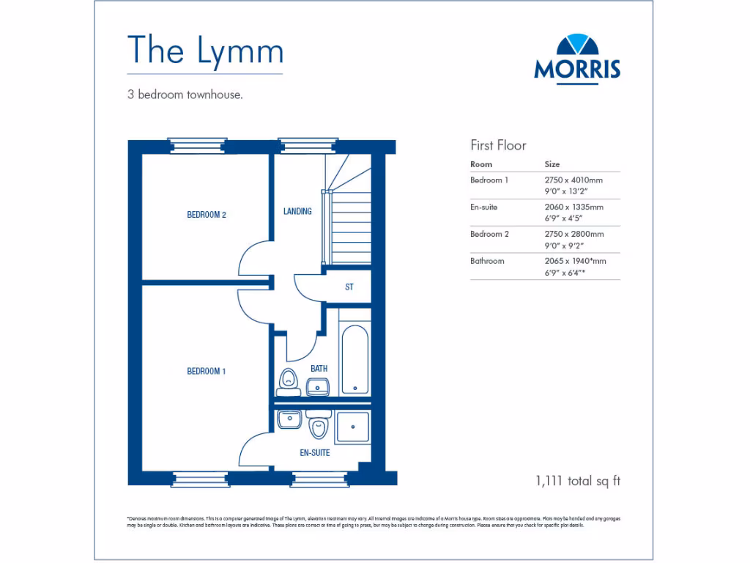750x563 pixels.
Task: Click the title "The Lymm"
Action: pos(205,50)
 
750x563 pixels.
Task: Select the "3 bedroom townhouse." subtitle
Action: pos(185,95)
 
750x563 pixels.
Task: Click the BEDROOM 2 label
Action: pos(206,215)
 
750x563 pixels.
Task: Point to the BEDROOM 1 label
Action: pos(206,372)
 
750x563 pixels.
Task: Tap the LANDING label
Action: pos(297,212)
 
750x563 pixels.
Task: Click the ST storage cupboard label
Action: pos(349,287)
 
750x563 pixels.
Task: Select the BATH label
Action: pos(319,369)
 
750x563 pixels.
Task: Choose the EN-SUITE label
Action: pos(315,453)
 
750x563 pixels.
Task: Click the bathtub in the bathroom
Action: pos(356,359)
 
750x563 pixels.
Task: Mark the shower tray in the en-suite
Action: pos(354,427)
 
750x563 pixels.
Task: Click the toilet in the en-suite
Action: pos(318,424)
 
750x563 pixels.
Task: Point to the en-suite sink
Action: pos(289,419)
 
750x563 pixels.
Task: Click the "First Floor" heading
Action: pos(498,145)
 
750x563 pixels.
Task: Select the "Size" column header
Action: pos(552,164)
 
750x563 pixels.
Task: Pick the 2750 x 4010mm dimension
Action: pos(573,180)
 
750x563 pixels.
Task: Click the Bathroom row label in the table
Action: pos(487,261)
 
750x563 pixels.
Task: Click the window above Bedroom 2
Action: pos(197,145)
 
